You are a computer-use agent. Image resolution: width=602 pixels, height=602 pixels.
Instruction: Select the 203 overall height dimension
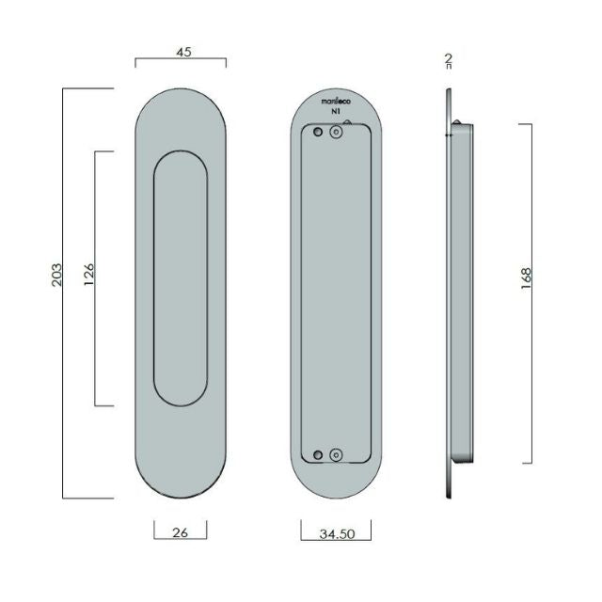pos(56,276)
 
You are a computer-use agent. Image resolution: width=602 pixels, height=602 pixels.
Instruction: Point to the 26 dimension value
pos(182,532)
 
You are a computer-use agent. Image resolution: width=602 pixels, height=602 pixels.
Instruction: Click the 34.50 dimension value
pos(336,535)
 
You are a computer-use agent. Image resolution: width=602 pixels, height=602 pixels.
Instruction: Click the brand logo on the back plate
pos(336,99)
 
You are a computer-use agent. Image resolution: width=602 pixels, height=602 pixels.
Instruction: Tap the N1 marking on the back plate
pos(335,111)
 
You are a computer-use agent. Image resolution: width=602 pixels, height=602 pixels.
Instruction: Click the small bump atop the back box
pos(349,121)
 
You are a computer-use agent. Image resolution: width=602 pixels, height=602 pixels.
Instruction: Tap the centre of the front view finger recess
pos(181,278)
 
